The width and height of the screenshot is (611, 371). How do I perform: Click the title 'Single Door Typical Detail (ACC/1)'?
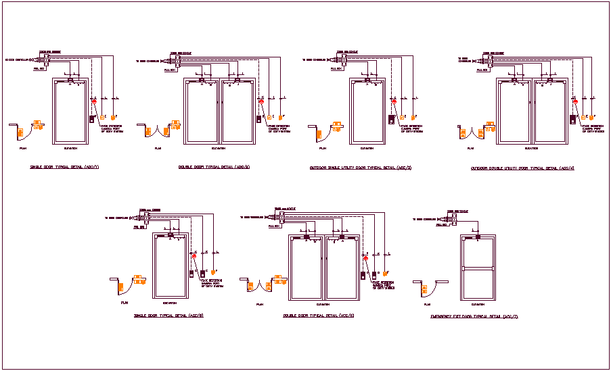point(64,167)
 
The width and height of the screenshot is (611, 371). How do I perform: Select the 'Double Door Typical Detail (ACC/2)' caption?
point(212,167)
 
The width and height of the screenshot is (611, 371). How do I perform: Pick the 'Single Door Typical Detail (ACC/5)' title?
point(168,315)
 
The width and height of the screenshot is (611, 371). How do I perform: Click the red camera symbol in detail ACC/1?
point(95,102)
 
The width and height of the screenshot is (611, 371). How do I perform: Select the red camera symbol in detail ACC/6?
point(365,259)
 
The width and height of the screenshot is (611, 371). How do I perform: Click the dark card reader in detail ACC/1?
point(91,120)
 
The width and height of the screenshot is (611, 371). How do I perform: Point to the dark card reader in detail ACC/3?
point(391,120)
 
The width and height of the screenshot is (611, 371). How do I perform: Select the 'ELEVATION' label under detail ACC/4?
point(532,148)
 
